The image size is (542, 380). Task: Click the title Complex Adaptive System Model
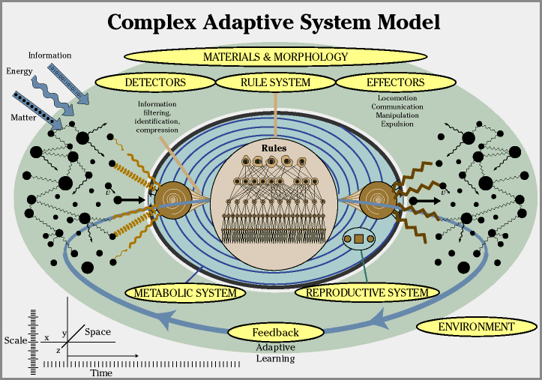(273, 22)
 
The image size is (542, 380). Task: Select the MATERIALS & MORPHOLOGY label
(276, 56)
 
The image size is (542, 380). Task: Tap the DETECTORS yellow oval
(155, 82)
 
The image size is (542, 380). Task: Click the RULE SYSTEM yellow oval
(275, 82)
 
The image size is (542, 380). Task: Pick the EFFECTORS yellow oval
(395, 82)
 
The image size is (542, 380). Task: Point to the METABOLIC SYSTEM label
(185, 292)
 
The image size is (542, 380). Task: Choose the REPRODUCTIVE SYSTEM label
(367, 292)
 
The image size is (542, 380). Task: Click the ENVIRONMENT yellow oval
(476, 327)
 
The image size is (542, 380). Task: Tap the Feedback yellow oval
(275, 332)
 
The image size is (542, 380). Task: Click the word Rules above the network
(274, 148)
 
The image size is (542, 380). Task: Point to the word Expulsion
(397, 124)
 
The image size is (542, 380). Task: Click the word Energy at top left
(19, 71)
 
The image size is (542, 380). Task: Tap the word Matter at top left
(23, 117)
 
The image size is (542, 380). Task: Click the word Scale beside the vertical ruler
(16, 340)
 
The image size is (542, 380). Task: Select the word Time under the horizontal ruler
(101, 373)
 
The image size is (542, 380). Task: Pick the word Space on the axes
(97, 331)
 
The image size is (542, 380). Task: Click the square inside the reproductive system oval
(358, 239)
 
